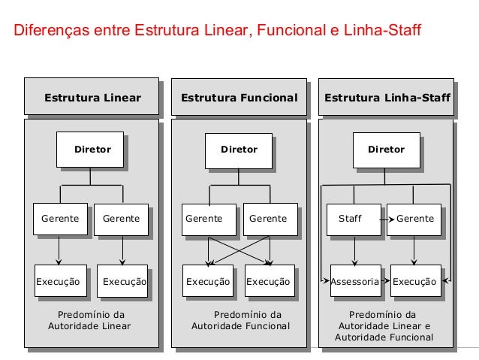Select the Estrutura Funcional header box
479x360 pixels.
coord(239,98)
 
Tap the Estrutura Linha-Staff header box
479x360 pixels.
coord(387,98)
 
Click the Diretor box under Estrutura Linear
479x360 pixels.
coord(92,150)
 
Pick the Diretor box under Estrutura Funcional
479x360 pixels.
coord(239,150)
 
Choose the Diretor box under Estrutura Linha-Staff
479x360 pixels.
coord(386,150)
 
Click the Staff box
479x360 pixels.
coord(351,219)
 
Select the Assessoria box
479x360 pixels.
coord(350,283)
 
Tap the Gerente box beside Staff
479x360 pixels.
coord(414,219)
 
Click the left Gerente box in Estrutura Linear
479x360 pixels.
coord(60,219)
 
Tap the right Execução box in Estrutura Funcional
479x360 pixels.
coord(268,283)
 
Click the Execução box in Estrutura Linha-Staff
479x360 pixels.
coord(414,283)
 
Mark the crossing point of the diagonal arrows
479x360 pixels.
coord(239,250)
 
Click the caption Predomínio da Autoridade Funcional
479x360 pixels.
coord(240,320)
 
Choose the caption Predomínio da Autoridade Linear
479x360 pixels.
coord(91,320)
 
